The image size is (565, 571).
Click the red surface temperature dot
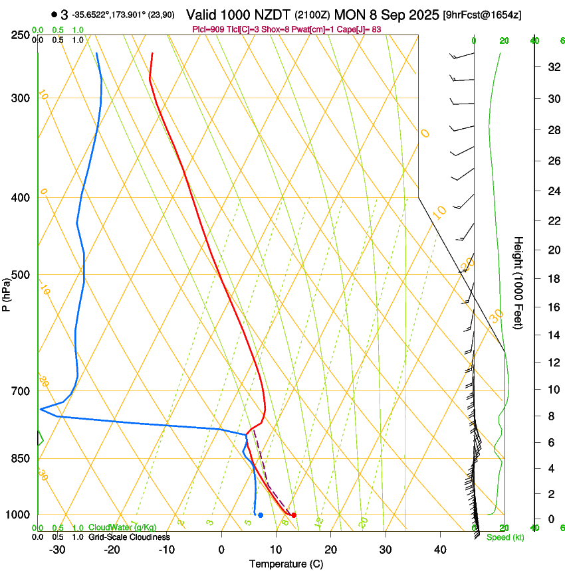[x=294, y=515]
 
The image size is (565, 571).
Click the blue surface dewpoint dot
[x=261, y=515]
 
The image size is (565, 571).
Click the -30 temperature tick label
[x=57, y=549]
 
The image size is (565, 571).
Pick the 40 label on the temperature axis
[x=440, y=549]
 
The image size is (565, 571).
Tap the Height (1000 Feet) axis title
[x=519, y=283]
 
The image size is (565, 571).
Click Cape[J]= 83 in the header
[x=370, y=30]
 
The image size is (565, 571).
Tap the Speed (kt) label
[x=505, y=537]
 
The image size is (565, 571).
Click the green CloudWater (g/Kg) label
[x=122, y=528]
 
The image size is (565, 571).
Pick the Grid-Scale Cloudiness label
[x=129, y=536]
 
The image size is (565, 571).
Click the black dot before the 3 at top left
[x=53, y=15]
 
